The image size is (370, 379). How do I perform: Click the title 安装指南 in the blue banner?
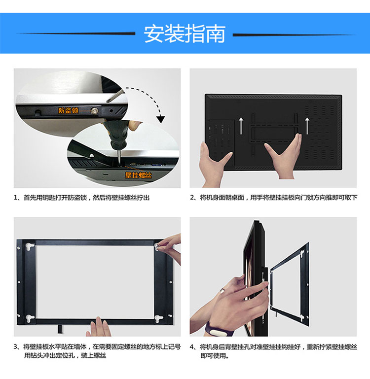pyautogui.click(x=185, y=34)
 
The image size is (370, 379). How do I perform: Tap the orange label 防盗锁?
pyautogui.click(x=68, y=111)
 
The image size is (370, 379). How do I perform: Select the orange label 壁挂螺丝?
pyautogui.click(x=139, y=175)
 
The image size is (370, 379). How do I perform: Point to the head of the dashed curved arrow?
pyautogui.click(x=161, y=119)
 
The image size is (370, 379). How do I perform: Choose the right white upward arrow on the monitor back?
pyautogui.click(x=306, y=125)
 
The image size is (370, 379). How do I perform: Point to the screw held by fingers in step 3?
pyautogui.click(x=159, y=244)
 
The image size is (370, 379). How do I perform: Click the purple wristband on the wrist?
pyautogui.click(x=213, y=328)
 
